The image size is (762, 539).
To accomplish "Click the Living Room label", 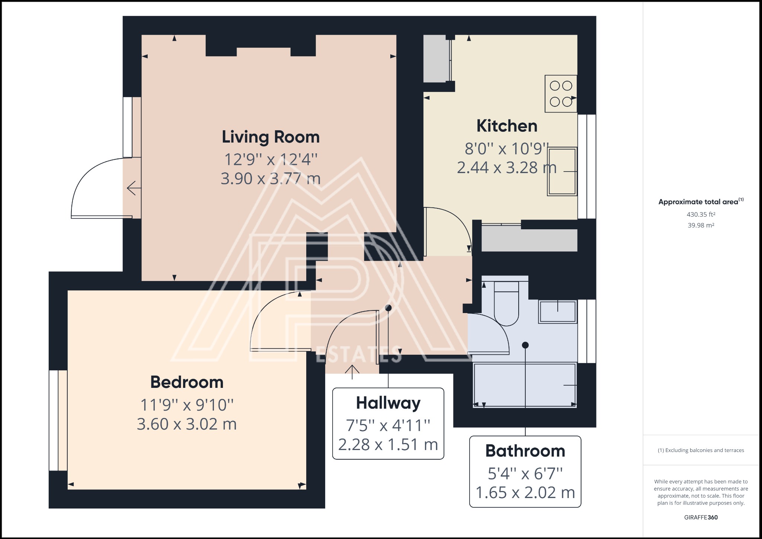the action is [x=270, y=137].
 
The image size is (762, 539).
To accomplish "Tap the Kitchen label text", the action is [x=507, y=126].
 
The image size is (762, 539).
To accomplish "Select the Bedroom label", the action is [x=187, y=382].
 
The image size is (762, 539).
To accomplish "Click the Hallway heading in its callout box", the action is [x=388, y=403].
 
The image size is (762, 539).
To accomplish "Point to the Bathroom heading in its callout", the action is [x=525, y=451].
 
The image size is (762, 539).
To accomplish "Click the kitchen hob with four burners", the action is [x=561, y=93].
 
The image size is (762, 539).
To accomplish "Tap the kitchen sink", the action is [x=562, y=171].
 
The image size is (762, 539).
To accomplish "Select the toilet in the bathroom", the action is [x=506, y=303].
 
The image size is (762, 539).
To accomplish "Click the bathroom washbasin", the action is [x=557, y=312].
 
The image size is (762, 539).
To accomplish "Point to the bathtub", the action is [x=525, y=385].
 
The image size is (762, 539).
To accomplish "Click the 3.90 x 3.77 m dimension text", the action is [x=270, y=179].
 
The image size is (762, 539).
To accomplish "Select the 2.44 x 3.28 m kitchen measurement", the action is [x=507, y=168].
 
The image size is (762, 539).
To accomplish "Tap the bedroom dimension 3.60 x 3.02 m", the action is [x=187, y=424].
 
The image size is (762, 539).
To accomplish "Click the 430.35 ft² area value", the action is [x=701, y=214].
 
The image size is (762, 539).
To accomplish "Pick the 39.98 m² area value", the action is [x=701, y=225].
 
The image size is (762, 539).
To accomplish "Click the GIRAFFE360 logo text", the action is [x=701, y=517].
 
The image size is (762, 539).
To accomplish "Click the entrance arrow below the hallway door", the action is [x=352, y=372].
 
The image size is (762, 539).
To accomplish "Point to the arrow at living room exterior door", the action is [x=134, y=188].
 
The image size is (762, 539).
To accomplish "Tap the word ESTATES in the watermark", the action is [x=359, y=354].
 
